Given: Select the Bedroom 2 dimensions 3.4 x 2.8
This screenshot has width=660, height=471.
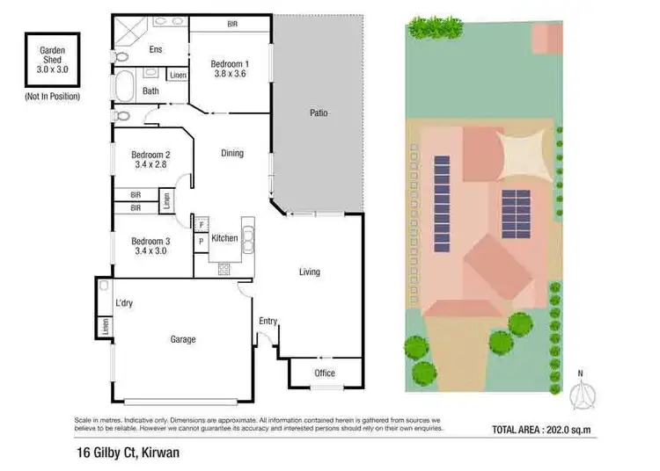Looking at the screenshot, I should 150,163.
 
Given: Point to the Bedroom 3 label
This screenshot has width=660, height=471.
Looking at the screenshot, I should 150,241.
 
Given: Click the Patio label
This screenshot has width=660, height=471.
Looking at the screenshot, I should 318,113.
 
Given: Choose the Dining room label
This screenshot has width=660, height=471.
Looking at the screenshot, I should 231,153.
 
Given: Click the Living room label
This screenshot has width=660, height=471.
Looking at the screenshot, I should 309,272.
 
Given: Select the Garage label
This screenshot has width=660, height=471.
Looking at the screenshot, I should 182,339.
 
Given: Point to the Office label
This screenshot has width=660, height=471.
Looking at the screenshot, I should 325,373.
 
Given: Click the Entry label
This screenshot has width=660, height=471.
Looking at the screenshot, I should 268,321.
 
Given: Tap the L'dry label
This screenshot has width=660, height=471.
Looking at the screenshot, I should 124,305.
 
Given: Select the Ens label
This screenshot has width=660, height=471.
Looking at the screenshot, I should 156,50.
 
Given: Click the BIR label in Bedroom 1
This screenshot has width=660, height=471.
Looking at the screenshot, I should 231,24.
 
